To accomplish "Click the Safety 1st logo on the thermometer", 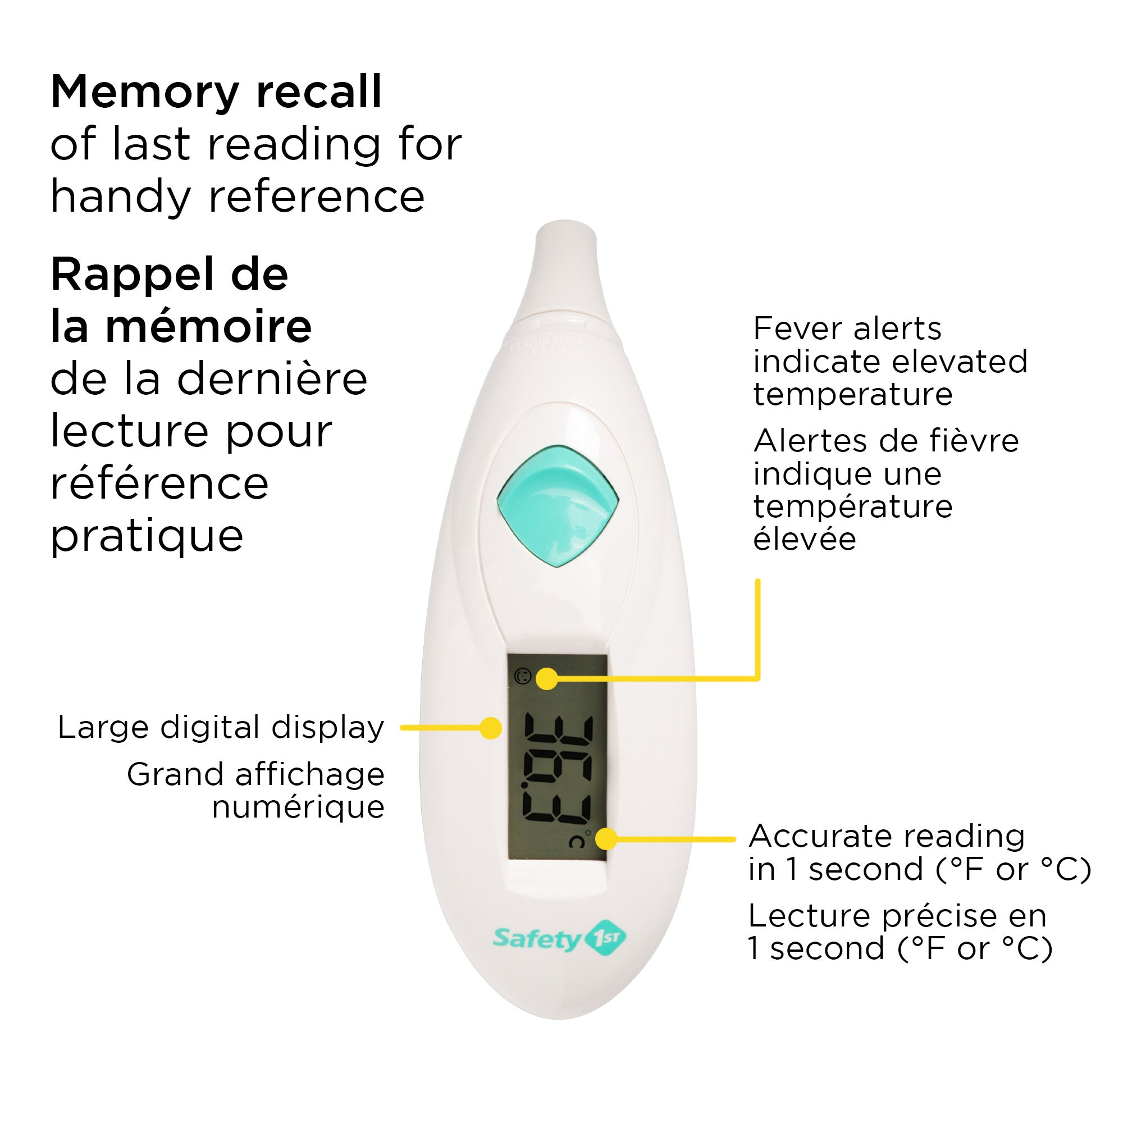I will pos(559,937).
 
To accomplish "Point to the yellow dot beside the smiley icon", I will pos(546,678).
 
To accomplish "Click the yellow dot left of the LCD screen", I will pos(491,728).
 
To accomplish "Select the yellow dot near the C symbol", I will pos(606,839).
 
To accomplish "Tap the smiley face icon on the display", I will pos(523,676).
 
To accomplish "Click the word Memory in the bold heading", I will pos(144,93).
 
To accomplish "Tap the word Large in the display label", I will pos(103,728).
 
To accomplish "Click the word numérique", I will pos(298,807).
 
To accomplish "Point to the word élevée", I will pos(805,540).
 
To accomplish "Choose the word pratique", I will pos(147,536).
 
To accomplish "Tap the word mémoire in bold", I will pos(208,327).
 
